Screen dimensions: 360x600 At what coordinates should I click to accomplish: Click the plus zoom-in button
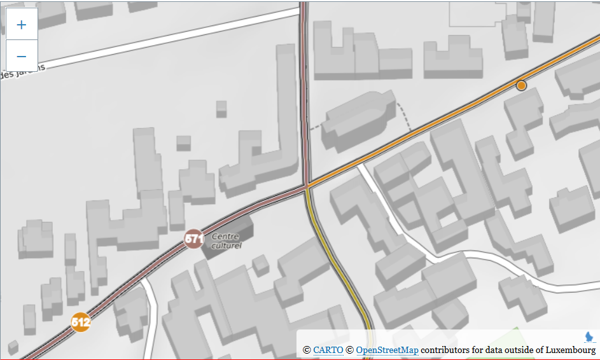[x=22, y=25]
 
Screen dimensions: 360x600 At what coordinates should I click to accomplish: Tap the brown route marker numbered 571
[x=194, y=239]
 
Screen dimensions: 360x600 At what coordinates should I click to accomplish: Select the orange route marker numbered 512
[x=81, y=322]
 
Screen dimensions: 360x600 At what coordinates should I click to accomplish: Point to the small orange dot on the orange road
[x=522, y=85]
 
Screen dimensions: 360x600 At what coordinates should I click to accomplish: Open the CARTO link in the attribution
[x=328, y=350]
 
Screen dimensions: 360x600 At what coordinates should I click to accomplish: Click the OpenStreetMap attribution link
[x=387, y=350]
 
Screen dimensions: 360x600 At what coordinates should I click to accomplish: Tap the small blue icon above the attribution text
[x=589, y=336]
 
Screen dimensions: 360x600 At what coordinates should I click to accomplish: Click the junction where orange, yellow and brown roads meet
[x=307, y=186]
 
